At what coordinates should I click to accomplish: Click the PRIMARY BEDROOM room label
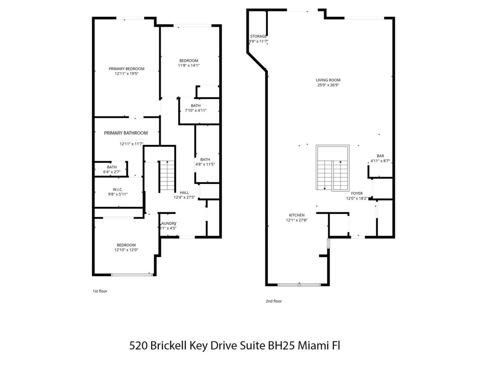[x=126, y=68]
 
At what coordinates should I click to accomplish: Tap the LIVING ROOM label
[x=328, y=80]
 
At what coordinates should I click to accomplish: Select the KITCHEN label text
[x=295, y=215]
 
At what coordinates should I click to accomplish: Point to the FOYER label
[x=357, y=193]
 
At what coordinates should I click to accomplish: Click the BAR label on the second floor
[x=380, y=155]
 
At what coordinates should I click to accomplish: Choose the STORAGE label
[x=258, y=36]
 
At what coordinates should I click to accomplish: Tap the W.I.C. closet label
[x=118, y=189]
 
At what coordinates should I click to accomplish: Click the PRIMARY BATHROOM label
[x=126, y=133]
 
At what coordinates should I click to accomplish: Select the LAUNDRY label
[x=168, y=223]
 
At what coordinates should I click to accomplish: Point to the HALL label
[x=184, y=192]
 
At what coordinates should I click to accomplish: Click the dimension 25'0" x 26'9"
[x=328, y=86]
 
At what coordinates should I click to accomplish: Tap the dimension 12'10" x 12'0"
[x=126, y=250]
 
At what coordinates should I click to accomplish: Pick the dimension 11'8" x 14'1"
[x=189, y=66]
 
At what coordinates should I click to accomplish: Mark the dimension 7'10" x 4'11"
[x=195, y=111]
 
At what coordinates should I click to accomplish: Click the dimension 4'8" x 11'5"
[x=205, y=164]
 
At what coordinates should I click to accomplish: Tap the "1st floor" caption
[x=100, y=291]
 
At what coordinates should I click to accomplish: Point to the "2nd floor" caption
[x=273, y=301]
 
